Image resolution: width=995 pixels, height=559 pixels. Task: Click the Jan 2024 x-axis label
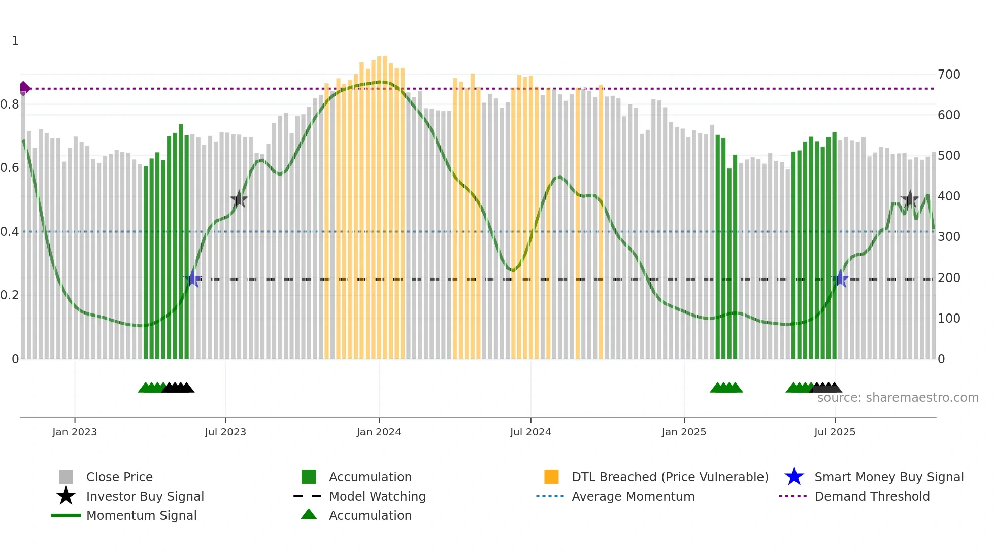(x=379, y=432)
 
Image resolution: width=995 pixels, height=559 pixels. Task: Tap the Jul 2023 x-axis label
(x=225, y=432)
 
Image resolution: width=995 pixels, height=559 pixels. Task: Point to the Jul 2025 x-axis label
(x=835, y=432)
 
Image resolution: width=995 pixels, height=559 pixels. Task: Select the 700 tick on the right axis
(x=949, y=75)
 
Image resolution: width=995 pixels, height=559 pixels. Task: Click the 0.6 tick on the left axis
(x=10, y=168)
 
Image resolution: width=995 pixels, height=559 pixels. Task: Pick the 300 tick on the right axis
(x=949, y=237)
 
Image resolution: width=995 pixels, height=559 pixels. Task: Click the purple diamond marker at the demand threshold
(x=24, y=88)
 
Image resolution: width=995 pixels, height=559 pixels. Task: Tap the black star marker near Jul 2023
(x=239, y=199)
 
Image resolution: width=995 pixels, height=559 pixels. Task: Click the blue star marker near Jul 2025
(x=841, y=279)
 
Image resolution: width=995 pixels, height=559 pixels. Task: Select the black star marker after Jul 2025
(x=910, y=199)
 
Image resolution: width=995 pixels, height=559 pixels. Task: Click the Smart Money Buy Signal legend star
(x=794, y=477)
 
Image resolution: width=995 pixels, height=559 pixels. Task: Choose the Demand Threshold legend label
(x=872, y=496)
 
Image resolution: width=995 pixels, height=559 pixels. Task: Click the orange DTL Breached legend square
(x=551, y=477)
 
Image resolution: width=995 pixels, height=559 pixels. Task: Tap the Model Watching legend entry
(x=377, y=496)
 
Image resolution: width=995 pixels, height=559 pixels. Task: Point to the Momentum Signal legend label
(x=141, y=515)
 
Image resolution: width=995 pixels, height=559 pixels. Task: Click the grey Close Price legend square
(x=66, y=477)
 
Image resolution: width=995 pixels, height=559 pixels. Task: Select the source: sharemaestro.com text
(x=898, y=398)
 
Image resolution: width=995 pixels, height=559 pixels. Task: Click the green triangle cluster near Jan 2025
(x=726, y=388)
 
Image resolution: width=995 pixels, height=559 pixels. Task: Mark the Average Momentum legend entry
(x=633, y=496)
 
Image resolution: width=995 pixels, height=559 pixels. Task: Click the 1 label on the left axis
(x=15, y=41)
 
